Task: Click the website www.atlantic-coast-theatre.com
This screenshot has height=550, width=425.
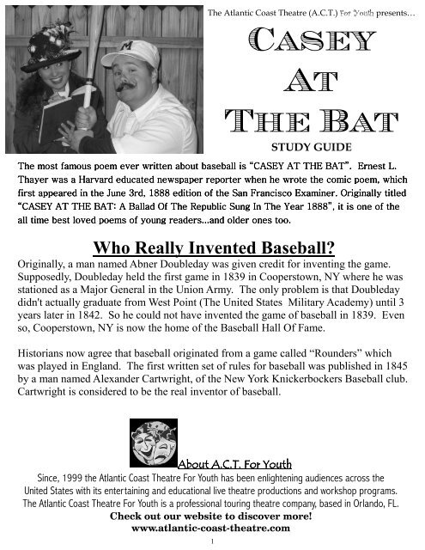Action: point(211,529)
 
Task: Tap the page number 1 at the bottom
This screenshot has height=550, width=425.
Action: point(211,541)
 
